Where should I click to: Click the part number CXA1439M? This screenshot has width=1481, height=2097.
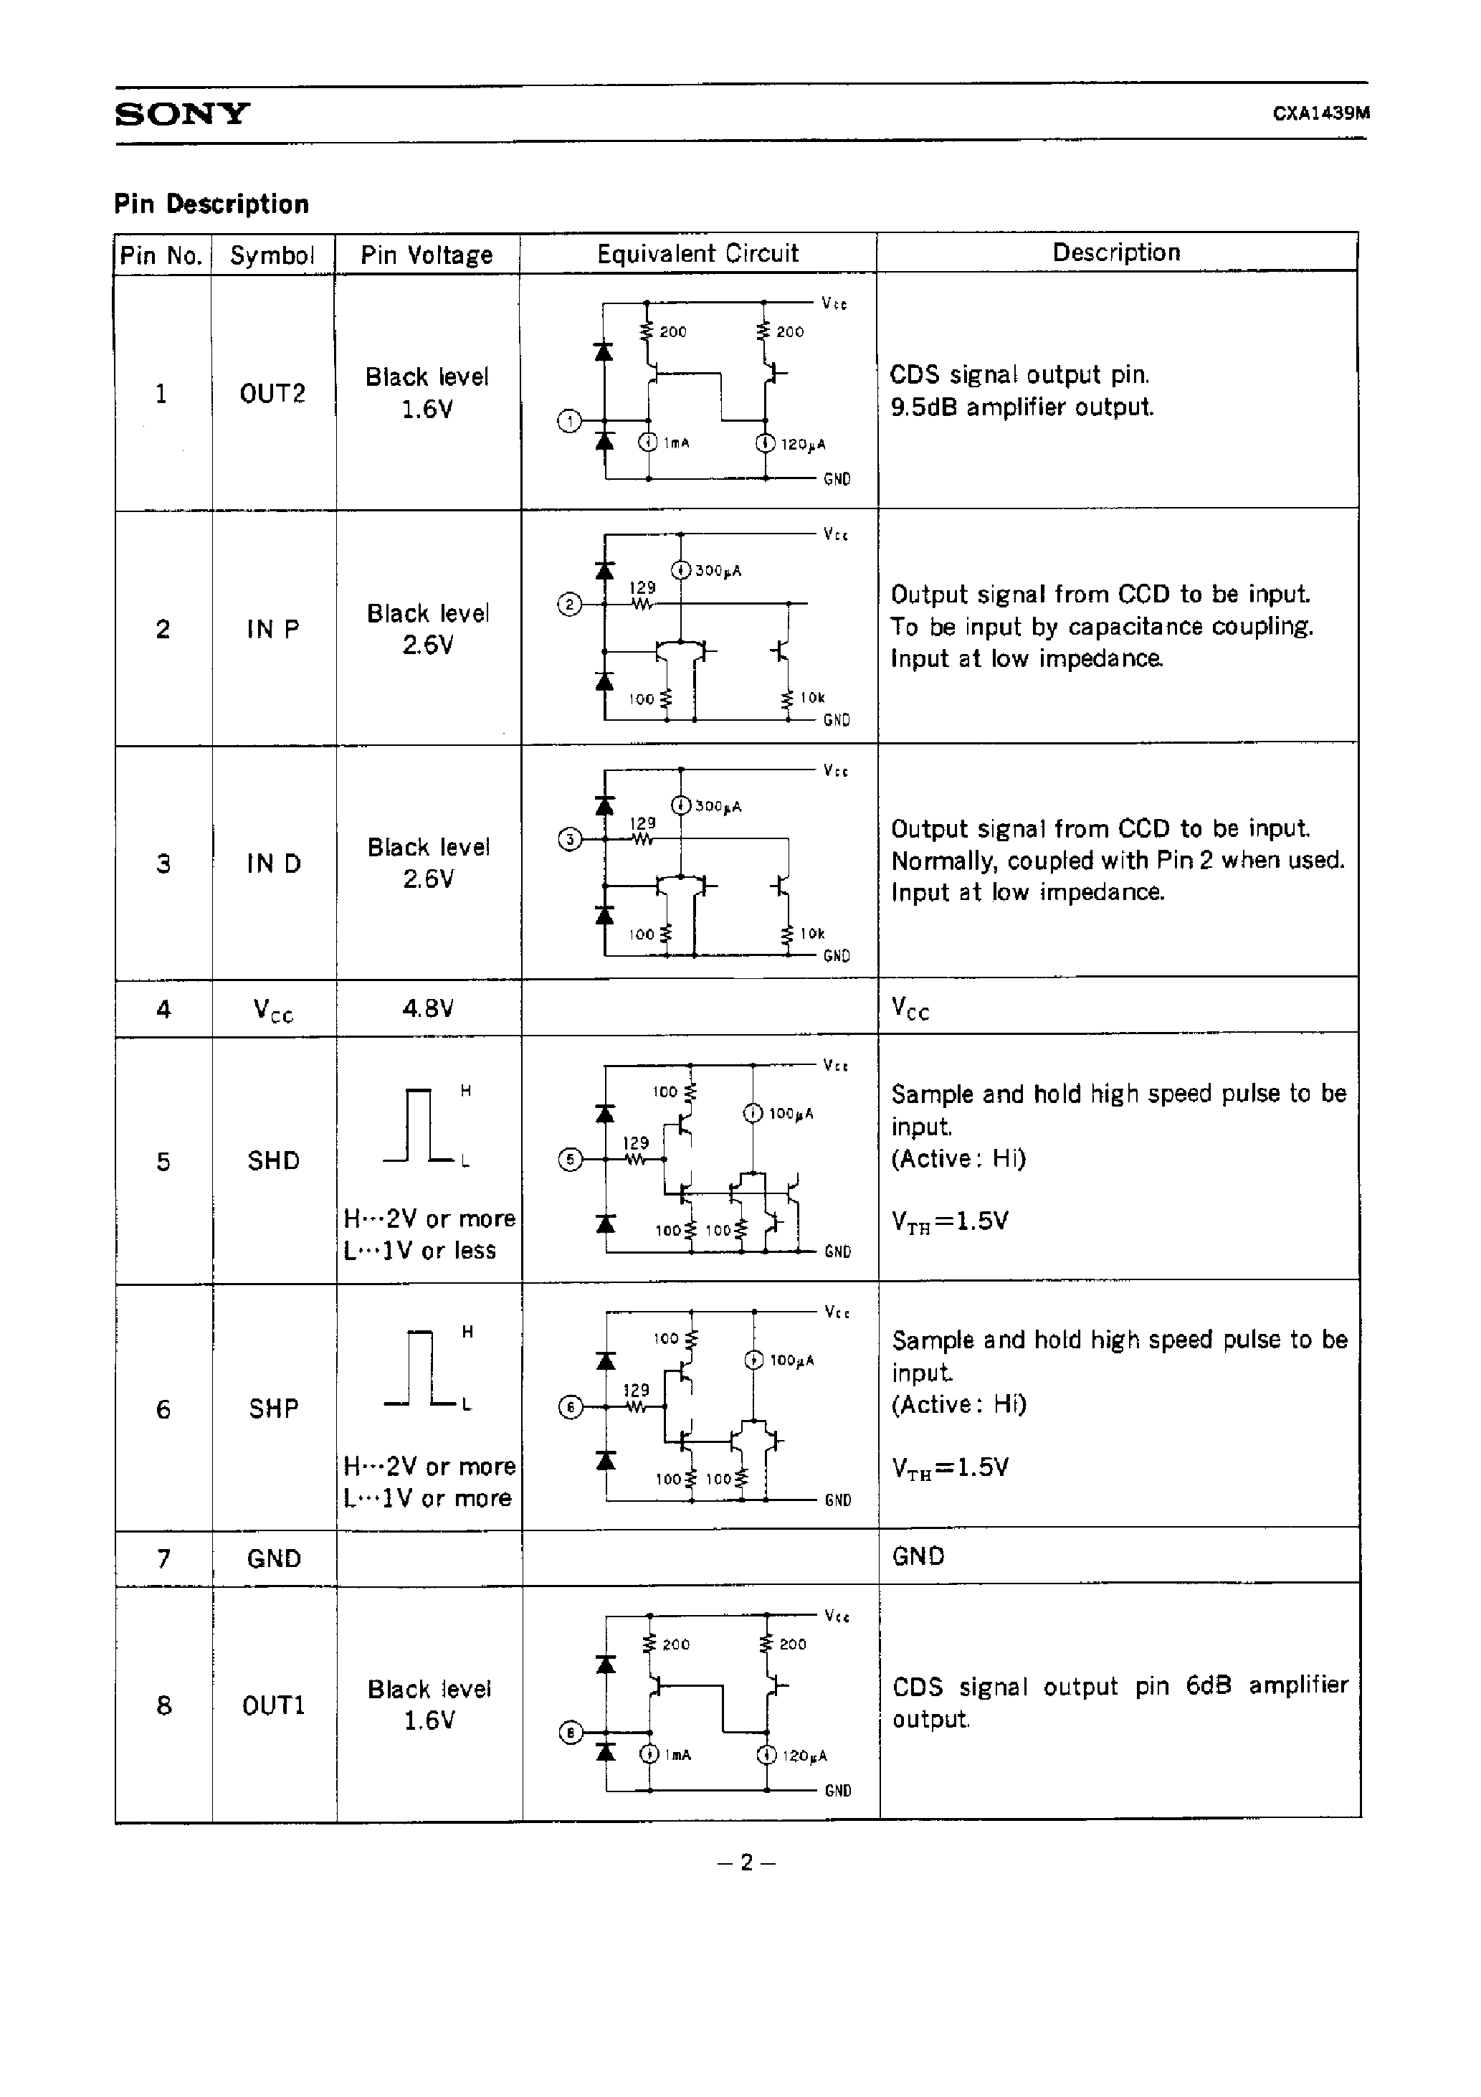(x=1320, y=114)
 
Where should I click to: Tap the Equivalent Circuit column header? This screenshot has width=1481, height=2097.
(x=697, y=254)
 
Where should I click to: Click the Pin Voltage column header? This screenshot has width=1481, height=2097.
(x=427, y=255)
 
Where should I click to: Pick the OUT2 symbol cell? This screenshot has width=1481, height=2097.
(x=272, y=394)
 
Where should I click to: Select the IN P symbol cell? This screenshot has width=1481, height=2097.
(x=272, y=629)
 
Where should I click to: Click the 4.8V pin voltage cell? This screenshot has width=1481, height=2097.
(x=427, y=1008)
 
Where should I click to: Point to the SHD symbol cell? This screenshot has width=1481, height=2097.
(x=273, y=1161)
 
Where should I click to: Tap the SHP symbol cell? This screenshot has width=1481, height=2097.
(x=273, y=1409)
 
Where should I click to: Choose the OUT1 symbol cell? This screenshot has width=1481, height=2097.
(x=273, y=1705)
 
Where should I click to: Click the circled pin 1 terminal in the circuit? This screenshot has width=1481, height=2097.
(x=569, y=421)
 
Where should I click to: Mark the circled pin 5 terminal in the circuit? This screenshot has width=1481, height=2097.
(x=570, y=1160)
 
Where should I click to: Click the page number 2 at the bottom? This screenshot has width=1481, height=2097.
(x=746, y=1862)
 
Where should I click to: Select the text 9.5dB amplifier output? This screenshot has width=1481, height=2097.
(x=1022, y=407)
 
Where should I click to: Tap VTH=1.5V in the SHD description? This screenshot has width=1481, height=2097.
(x=950, y=1221)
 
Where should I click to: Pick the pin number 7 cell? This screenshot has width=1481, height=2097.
(x=163, y=1558)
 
